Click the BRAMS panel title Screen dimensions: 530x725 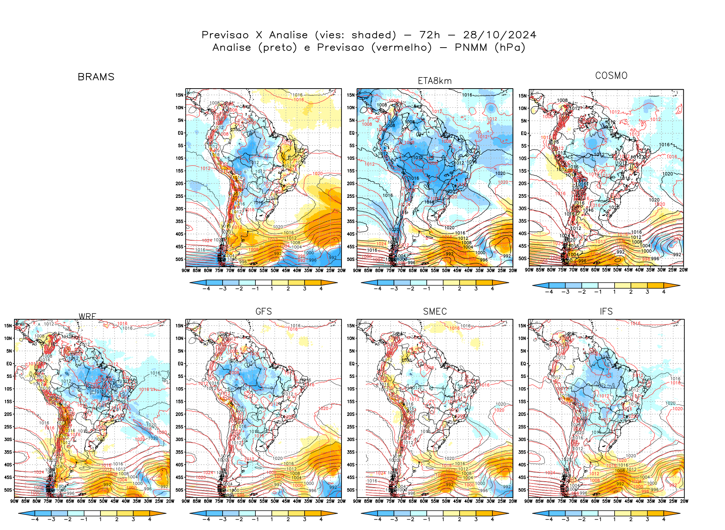click(x=96, y=77)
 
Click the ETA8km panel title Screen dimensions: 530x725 click(x=434, y=81)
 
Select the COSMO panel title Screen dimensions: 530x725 click(x=611, y=76)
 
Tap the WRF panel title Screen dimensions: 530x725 click(x=87, y=316)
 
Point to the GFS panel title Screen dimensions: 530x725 click(x=264, y=312)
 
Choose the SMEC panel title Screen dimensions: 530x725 click(x=435, y=312)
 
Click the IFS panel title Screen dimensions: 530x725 click(x=606, y=312)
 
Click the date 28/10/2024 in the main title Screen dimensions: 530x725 click(x=499, y=35)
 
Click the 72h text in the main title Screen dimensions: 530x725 click(x=430, y=35)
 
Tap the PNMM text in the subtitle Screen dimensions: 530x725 click(x=471, y=48)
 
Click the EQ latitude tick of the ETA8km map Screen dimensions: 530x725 click(x=352, y=133)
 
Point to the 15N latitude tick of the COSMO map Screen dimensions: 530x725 click(x=523, y=96)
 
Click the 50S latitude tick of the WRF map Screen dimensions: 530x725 click(x=8, y=490)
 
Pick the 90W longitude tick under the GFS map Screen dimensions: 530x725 click(x=186, y=501)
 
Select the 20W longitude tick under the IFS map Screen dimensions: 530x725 click(x=684, y=501)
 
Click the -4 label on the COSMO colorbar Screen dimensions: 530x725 click(x=549, y=292)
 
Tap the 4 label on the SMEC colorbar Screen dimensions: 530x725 click(x=492, y=519)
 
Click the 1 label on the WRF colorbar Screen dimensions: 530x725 click(x=100, y=519)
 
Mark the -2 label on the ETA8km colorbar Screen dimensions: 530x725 click(x=410, y=289)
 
